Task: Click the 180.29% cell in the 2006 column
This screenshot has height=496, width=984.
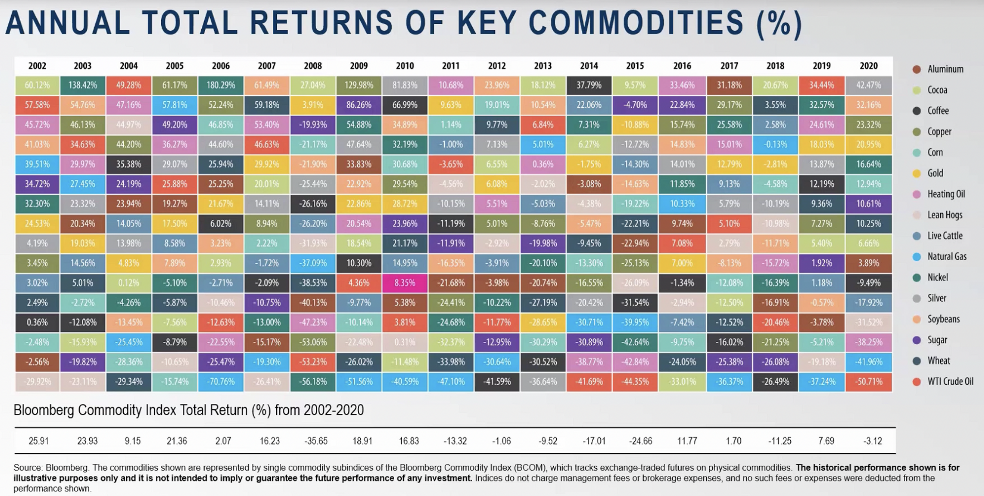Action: coord(221,85)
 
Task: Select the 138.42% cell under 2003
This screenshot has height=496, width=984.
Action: coord(82,85)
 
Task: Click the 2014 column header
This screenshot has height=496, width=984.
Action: coord(589,66)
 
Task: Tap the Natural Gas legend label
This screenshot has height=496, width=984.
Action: coord(947,256)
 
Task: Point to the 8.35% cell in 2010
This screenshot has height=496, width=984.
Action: coord(405,283)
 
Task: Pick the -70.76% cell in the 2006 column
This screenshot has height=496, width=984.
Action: coord(221,382)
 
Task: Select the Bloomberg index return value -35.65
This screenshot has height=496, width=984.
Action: coord(316,441)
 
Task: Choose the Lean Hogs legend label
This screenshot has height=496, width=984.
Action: coord(945,215)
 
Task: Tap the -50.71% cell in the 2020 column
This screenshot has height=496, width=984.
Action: coord(868,382)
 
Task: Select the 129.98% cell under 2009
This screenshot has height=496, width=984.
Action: coord(359,85)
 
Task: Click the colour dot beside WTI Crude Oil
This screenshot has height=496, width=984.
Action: coord(917,382)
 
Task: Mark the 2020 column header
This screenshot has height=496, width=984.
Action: coord(868,66)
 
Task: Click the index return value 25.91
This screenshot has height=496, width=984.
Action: coord(38,441)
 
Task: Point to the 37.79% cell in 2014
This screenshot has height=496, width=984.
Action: coord(589,85)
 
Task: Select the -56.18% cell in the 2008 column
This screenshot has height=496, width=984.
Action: coord(313,382)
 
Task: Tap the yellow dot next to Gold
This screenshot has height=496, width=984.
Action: coord(917,174)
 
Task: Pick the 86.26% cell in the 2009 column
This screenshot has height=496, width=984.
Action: coord(359,105)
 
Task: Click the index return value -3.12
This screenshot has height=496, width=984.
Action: coord(872,441)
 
